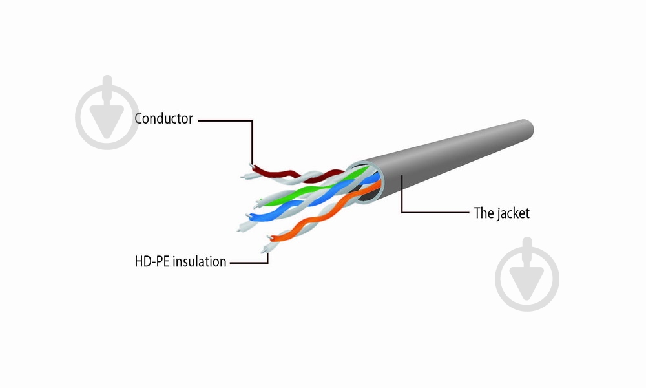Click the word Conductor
pyautogui.click(x=163, y=119)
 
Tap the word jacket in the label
pyautogui.click(x=513, y=213)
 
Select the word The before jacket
pyautogui.click(x=484, y=213)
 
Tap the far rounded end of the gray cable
pyautogui.click(x=526, y=131)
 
